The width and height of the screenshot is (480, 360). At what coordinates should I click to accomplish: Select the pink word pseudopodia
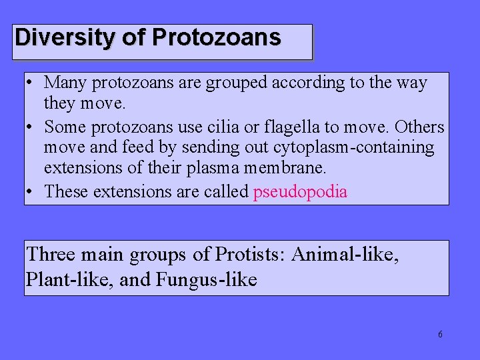pos(300,192)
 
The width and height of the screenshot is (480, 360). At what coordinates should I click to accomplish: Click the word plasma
pos(205,169)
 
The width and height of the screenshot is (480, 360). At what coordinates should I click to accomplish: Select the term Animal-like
pos(346,254)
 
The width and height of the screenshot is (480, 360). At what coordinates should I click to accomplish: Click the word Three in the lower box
pos(51,254)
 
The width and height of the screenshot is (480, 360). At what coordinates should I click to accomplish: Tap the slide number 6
pos(440,335)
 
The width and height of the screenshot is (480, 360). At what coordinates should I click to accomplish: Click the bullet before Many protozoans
pos(31,84)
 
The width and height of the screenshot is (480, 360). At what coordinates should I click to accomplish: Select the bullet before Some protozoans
pos(31,127)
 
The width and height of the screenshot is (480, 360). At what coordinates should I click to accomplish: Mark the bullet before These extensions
pos(31,193)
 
